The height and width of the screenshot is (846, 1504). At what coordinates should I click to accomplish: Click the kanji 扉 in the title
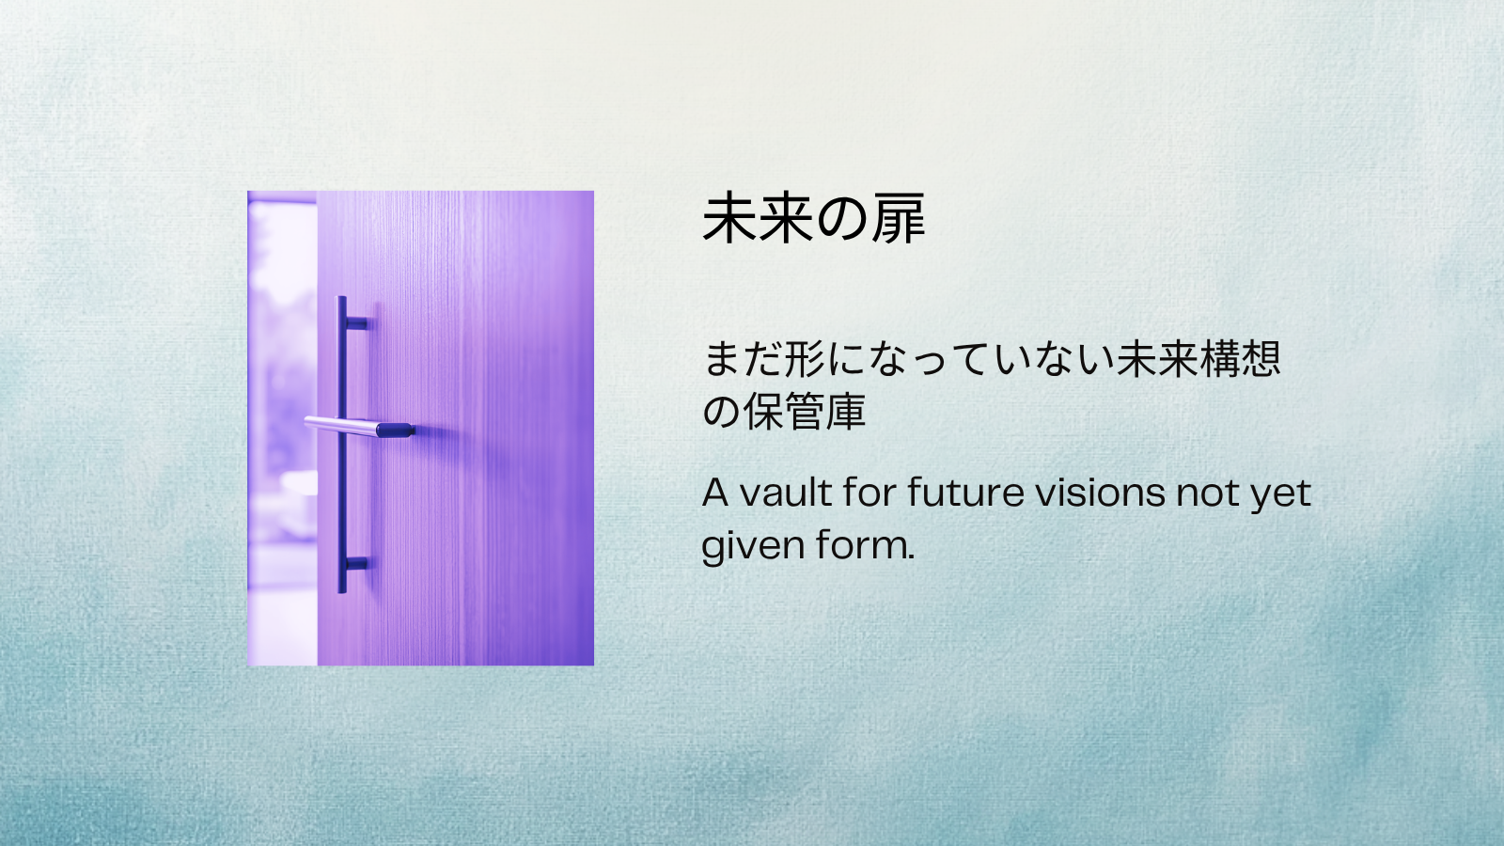coord(898,219)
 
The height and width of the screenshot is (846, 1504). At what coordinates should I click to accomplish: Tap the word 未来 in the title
coord(758,219)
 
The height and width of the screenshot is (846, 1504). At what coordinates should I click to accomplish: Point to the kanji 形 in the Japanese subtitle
coord(805,359)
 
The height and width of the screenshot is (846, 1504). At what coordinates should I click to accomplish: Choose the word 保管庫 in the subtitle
coord(805,412)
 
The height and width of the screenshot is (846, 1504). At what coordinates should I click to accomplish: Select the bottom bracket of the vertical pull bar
coord(356,564)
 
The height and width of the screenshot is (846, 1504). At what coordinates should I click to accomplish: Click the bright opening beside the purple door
coord(280,423)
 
